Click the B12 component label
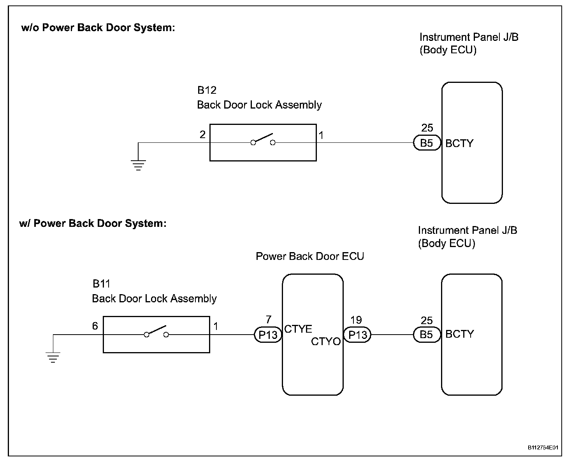click(x=207, y=90)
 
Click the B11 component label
click(x=102, y=284)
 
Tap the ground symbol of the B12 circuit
click(x=138, y=165)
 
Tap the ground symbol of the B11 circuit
click(x=53, y=357)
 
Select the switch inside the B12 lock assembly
click(x=263, y=140)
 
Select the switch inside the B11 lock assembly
click(x=156, y=332)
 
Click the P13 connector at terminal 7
click(x=268, y=335)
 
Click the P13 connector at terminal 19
click(x=357, y=335)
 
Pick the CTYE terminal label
click(x=298, y=329)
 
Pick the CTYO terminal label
click(x=326, y=342)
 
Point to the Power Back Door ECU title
click(x=310, y=256)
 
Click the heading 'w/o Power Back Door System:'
click(x=98, y=28)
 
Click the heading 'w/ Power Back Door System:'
click(x=93, y=223)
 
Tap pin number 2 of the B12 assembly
click(x=202, y=135)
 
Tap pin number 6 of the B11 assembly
click(x=95, y=326)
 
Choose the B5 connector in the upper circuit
click(x=427, y=143)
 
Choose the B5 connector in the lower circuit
click(x=427, y=335)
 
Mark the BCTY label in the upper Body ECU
click(x=459, y=144)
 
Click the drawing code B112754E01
click(x=543, y=448)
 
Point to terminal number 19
click(x=356, y=320)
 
